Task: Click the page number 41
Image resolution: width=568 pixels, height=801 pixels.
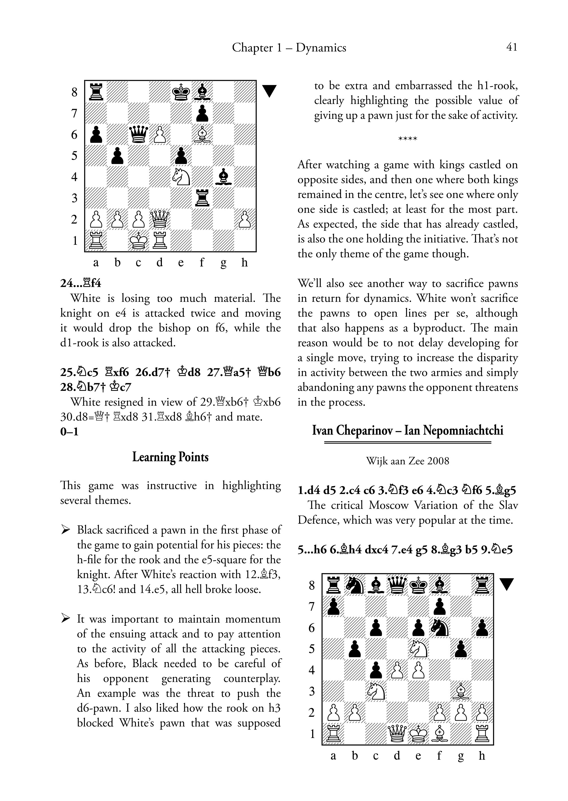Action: [x=512, y=47]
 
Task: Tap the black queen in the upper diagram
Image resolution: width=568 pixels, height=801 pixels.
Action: [x=138, y=135]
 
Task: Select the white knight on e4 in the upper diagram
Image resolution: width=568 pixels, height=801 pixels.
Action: [x=181, y=177]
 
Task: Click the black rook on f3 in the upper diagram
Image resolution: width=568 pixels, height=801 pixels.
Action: [x=202, y=198]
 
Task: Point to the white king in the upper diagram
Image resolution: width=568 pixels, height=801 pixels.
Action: [x=138, y=240]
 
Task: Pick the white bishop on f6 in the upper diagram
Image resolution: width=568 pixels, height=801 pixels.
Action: [x=202, y=135]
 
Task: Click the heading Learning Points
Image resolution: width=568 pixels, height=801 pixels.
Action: [x=170, y=457]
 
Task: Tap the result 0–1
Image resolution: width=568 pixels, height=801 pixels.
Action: [x=69, y=432]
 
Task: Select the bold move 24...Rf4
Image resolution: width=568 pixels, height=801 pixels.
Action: [x=81, y=283]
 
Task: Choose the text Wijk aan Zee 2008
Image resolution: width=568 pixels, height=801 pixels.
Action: [x=408, y=461]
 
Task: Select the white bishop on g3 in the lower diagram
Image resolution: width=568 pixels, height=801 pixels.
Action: [x=461, y=691]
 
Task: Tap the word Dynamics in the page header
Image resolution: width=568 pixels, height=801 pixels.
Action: [x=321, y=47]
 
